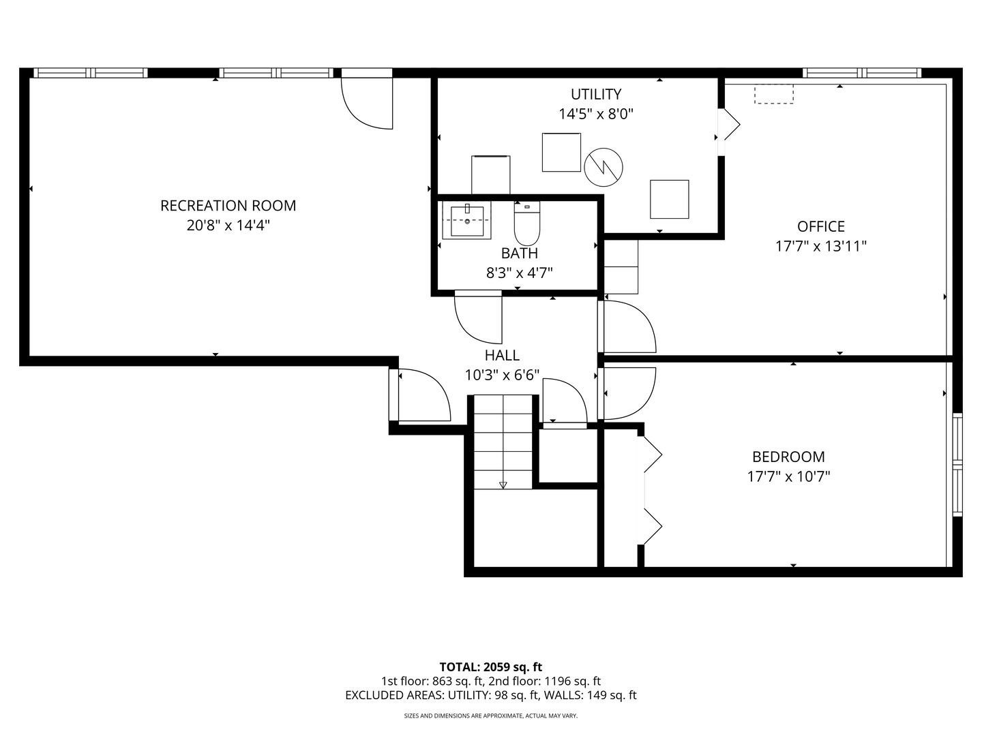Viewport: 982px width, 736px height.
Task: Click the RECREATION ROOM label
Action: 228,206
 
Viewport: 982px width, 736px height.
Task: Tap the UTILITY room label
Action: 596,94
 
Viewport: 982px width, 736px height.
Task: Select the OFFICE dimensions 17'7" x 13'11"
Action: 821,246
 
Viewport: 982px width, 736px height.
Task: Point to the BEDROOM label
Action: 788,457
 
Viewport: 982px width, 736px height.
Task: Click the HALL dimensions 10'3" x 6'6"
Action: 502,375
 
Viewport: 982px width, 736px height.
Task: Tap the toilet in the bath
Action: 527,223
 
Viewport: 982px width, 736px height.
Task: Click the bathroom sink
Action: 466,220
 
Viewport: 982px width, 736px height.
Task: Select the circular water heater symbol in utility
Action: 604,167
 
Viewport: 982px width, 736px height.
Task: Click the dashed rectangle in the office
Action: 774,94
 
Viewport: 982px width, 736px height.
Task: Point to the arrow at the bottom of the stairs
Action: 503,485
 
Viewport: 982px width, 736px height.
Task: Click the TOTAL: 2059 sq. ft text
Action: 491,667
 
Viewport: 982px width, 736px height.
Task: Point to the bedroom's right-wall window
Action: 957,465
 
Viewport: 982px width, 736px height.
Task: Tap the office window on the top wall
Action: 862,73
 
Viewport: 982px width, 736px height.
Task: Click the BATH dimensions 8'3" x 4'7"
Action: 520,273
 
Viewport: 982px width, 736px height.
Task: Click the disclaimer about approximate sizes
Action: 491,716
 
